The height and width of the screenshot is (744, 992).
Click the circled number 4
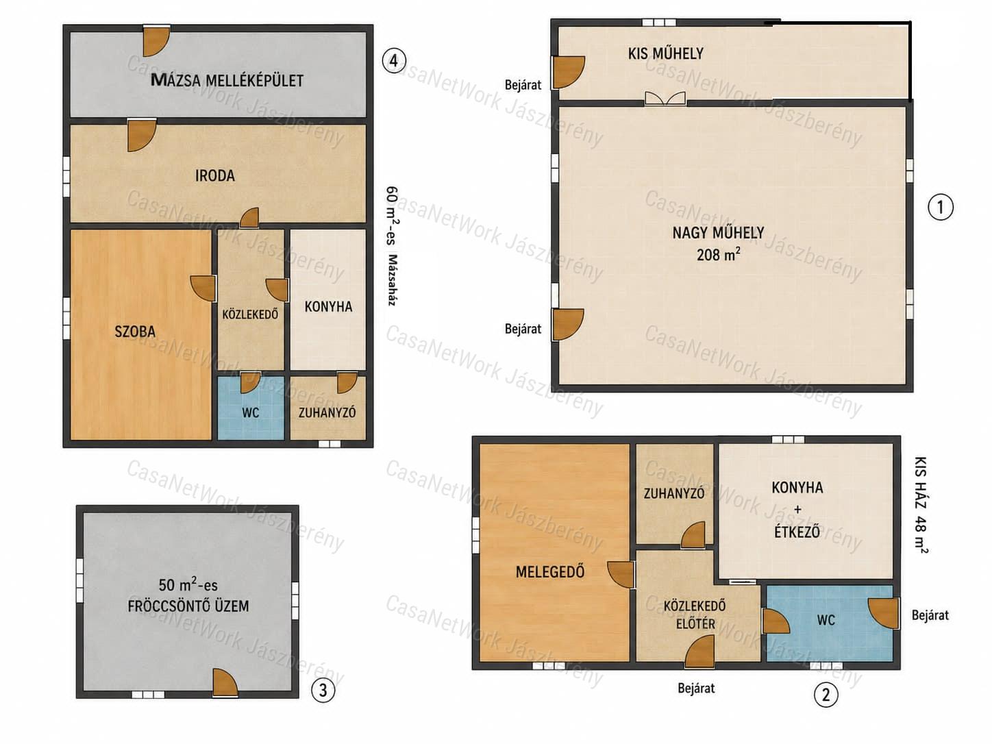(394, 60)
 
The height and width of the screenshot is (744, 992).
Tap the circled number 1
(941, 208)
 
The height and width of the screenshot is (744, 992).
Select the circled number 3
(323, 691)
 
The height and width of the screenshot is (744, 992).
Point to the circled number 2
(826, 695)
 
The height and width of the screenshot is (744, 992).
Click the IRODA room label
(215, 175)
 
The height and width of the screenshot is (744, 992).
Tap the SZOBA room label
(135, 332)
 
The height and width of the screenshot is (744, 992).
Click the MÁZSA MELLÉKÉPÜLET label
(227, 80)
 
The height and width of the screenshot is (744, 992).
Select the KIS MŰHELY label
(666, 53)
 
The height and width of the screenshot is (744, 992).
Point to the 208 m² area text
(718, 255)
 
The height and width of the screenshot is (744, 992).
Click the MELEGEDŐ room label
(550, 572)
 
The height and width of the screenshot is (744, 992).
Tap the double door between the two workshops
(665, 99)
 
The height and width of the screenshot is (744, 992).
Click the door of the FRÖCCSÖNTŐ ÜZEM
(225, 682)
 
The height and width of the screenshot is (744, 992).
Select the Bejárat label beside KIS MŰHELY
(523, 85)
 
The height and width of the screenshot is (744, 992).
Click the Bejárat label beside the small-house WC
(930, 615)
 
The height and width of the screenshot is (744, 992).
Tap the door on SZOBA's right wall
(203, 288)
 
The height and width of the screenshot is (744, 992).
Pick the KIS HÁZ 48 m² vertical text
(921, 505)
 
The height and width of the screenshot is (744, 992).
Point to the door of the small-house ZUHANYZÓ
(693, 535)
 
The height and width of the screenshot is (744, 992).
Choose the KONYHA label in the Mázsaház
(328, 307)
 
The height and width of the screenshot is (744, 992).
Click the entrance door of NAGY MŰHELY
(568, 324)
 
